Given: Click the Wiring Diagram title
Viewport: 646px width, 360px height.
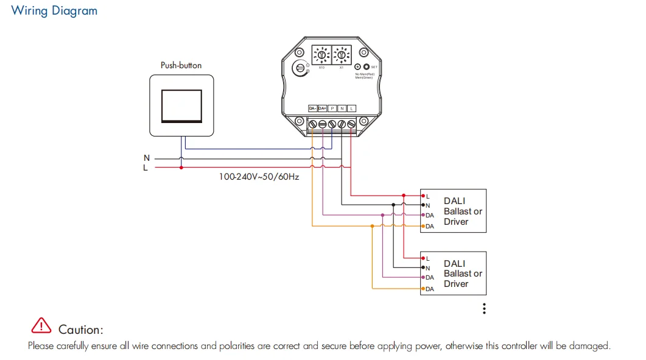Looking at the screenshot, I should coord(54,11).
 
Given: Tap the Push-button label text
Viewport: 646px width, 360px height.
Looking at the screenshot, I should coord(181,65).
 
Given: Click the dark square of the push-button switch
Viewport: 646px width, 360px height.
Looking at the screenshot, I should coord(181,105).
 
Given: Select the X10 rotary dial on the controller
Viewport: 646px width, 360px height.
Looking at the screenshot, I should coord(321,55).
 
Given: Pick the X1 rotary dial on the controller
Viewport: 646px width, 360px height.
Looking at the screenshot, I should coord(341,55).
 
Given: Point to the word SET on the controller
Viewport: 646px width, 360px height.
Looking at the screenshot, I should coord(374,67).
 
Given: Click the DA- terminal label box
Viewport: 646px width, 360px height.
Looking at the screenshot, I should coord(312,108).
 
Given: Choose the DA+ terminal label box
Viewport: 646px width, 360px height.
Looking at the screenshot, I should coord(322,108).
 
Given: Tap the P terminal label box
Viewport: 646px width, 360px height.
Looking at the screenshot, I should coord(332,108).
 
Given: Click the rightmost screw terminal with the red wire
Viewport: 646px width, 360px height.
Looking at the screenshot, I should coord(351,124).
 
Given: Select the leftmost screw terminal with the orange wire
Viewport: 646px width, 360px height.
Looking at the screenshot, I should coord(312,124).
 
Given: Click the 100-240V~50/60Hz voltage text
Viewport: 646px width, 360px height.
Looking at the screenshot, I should coord(259,177).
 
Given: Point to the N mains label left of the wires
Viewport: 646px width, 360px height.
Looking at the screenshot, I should coord(146,158).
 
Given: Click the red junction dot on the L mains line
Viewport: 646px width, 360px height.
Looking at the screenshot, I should coord(181,167).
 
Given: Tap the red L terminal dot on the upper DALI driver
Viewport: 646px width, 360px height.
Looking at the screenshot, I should coord(423,196).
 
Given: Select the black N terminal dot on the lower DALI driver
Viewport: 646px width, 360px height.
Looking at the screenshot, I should coord(423,268).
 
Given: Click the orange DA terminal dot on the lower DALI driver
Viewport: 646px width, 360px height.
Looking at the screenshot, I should coord(423,288).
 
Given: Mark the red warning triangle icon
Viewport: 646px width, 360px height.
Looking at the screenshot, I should coord(41,326).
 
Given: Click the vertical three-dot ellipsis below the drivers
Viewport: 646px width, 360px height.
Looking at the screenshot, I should coord(484,308).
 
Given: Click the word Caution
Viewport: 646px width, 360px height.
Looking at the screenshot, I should coord(80,330).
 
